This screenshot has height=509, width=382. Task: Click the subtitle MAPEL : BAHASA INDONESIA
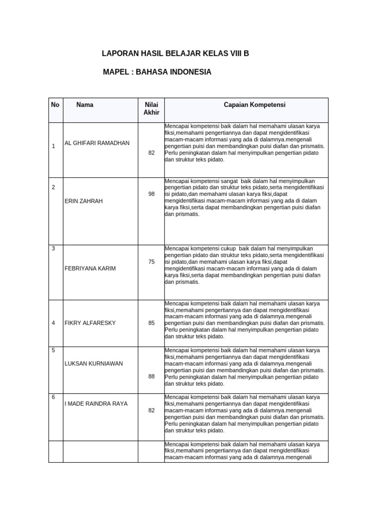[x=157, y=72]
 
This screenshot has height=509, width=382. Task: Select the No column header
[x=55, y=105]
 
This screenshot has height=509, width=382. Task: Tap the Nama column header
[x=85, y=105]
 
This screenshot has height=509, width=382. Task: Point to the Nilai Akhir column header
[x=151, y=109]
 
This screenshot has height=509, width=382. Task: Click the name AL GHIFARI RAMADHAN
[x=97, y=143]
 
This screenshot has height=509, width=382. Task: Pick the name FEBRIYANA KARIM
[x=90, y=268]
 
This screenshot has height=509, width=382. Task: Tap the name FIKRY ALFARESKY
[x=90, y=323]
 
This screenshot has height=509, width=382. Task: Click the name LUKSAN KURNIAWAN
[x=94, y=363]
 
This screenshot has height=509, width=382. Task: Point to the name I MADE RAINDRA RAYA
[x=96, y=404]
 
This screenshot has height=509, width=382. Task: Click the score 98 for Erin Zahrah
[x=151, y=194]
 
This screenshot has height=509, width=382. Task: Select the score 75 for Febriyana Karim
[x=151, y=261]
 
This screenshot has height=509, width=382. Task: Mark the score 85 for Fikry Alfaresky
[x=151, y=323]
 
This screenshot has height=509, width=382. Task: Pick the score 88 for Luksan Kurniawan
[x=151, y=376]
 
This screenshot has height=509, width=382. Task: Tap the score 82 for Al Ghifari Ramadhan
[x=151, y=153]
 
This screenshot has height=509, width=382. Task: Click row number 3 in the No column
[x=53, y=248]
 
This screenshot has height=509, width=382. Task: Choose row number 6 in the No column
[x=53, y=397]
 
